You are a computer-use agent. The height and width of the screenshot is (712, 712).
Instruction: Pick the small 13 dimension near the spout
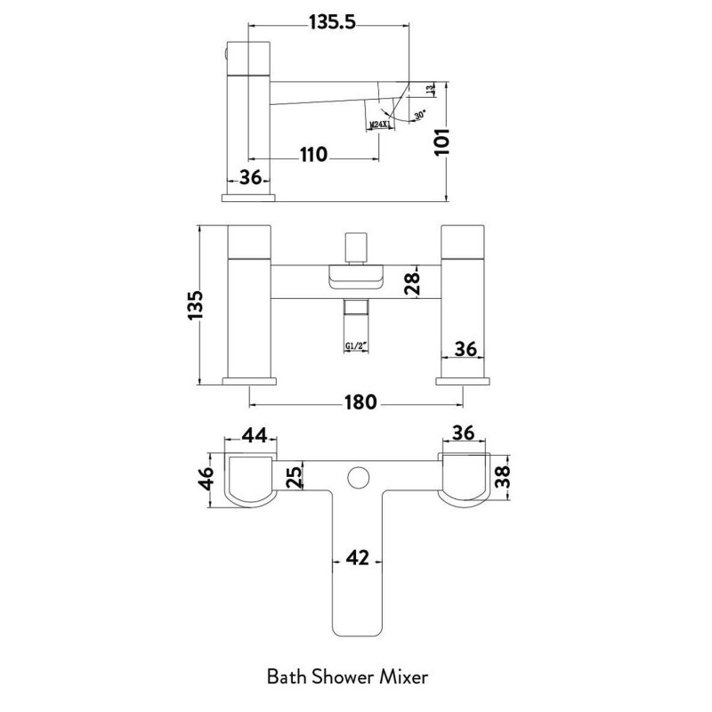431,89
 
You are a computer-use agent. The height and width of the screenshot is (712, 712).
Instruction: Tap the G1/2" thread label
356,350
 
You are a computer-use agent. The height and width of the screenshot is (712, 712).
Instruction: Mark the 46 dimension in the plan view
206,479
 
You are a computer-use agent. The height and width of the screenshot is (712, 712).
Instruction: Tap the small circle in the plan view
357,477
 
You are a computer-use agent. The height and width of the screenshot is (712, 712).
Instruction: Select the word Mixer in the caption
405,677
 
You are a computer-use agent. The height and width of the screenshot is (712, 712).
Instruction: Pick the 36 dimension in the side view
252,177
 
